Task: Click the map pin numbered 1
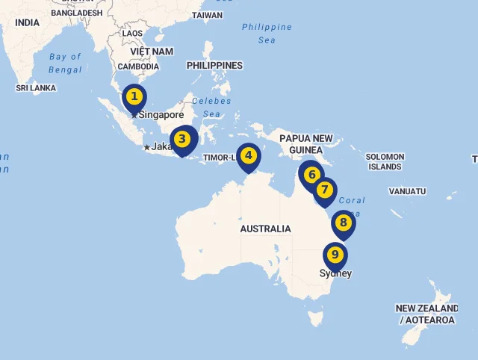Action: (x=134, y=97)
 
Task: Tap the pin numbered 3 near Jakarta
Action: (x=182, y=139)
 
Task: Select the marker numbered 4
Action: (x=249, y=156)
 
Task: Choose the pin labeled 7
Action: (x=324, y=190)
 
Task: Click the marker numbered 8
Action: (x=343, y=223)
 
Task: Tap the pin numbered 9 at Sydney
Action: (x=335, y=255)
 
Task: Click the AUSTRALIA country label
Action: (x=265, y=229)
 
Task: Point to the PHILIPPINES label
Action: (x=214, y=66)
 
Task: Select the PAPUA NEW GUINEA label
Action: (x=305, y=144)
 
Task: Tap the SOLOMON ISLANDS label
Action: (x=385, y=161)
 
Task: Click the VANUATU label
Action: (x=407, y=191)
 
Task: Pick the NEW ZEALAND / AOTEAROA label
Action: (x=426, y=314)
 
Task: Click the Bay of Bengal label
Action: (x=66, y=63)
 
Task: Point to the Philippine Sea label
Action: (x=267, y=34)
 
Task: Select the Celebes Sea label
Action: (x=211, y=108)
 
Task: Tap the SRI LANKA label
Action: (x=37, y=88)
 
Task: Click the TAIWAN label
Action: (x=207, y=15)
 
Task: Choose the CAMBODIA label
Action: (x=138, y=66)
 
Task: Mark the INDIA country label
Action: (x=27, y=22)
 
